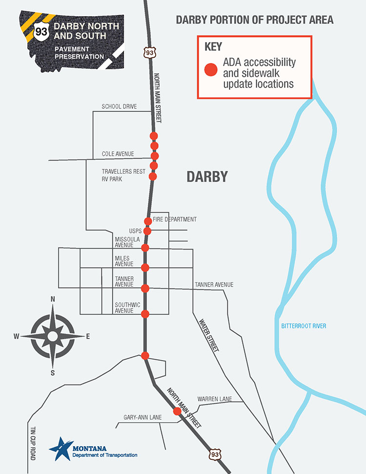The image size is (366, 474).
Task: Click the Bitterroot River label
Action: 304,326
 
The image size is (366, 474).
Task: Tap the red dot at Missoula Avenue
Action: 145,248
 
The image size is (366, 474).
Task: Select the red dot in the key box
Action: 210,70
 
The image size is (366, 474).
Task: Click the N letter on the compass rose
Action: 53,299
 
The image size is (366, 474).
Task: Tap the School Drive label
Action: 119,106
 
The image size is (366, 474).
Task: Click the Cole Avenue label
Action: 118,154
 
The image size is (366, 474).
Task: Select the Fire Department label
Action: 175,219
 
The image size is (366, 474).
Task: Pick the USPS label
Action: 135,230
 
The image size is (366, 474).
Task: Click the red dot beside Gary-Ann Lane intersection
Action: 178,412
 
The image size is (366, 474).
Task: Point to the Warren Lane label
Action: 215,399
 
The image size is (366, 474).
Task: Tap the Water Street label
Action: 208,336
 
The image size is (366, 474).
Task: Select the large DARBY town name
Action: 207,177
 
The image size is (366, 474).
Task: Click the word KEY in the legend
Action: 213,47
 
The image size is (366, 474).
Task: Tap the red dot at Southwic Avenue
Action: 145,312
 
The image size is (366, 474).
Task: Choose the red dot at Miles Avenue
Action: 145,267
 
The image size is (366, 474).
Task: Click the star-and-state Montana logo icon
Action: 61,448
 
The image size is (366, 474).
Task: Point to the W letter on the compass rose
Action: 16,336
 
